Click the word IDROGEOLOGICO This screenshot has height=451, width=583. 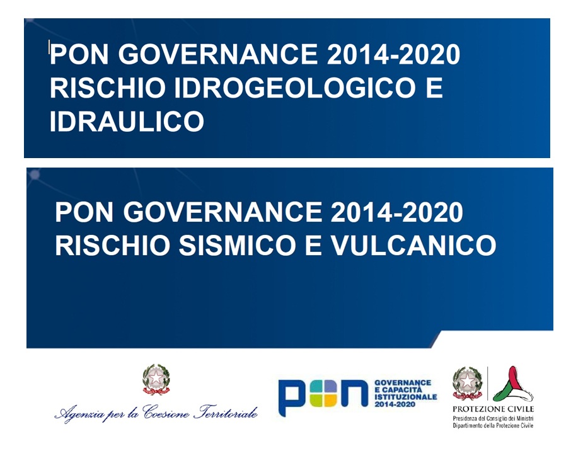click(294, 88)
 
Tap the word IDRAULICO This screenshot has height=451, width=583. click(127, 121)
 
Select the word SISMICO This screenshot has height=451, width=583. click(237, 245)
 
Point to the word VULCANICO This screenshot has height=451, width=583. click(413, 245)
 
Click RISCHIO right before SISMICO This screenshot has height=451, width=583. click(113, 245)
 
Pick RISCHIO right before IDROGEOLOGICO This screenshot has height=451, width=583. click(107, 88)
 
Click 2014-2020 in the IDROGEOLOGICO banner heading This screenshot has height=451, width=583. click(393, 54)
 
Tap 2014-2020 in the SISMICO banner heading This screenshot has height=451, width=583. click(396, 212)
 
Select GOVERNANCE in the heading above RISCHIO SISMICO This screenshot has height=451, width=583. click(222, 212)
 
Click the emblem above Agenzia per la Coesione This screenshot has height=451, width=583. click(156, 379)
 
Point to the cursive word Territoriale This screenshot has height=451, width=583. click(226, 413)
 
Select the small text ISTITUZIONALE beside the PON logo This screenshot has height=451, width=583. click(406, 397)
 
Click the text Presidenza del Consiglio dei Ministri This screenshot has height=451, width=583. click(493, 419)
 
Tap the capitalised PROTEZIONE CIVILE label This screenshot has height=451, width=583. click(493, 409)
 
